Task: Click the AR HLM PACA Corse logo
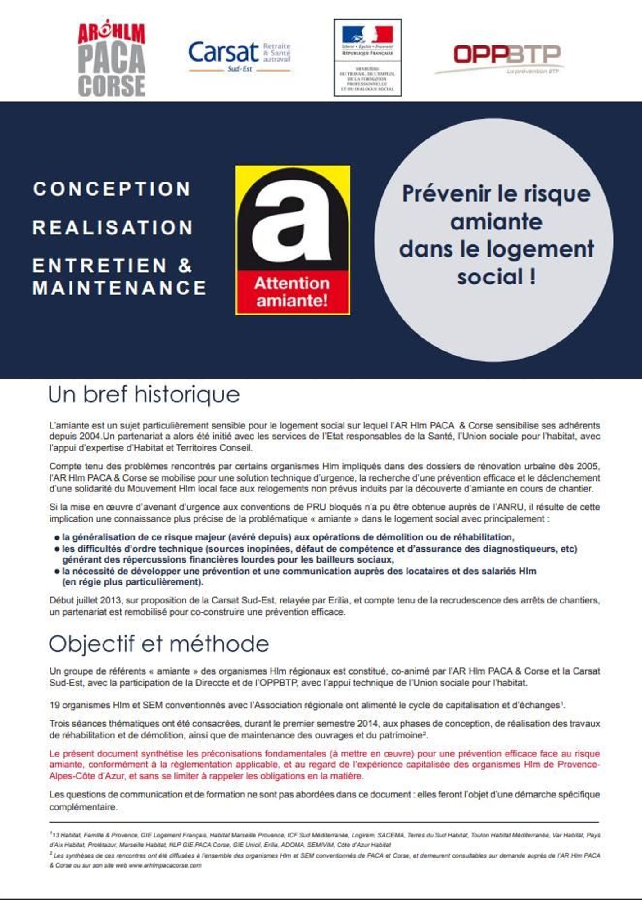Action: (x=112, y=60)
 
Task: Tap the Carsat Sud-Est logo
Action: (x=239, y=56)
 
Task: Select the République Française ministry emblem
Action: (x=367, y=58)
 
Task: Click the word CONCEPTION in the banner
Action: (x=112, y=189)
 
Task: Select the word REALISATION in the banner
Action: (x=113, y=228)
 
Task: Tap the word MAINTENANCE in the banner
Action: (x=119, y=288)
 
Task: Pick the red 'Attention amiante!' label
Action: (x=293, y=292)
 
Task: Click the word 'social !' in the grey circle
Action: (x=497, y=276)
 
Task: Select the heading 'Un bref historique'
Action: (x=144, y=395)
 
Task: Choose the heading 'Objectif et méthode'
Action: (x=158, y=643)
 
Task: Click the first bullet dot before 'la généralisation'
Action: (x=57, y=538)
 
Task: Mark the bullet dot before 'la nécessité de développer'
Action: (x=57, y=572)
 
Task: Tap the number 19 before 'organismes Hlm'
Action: (x=54, y=706)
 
